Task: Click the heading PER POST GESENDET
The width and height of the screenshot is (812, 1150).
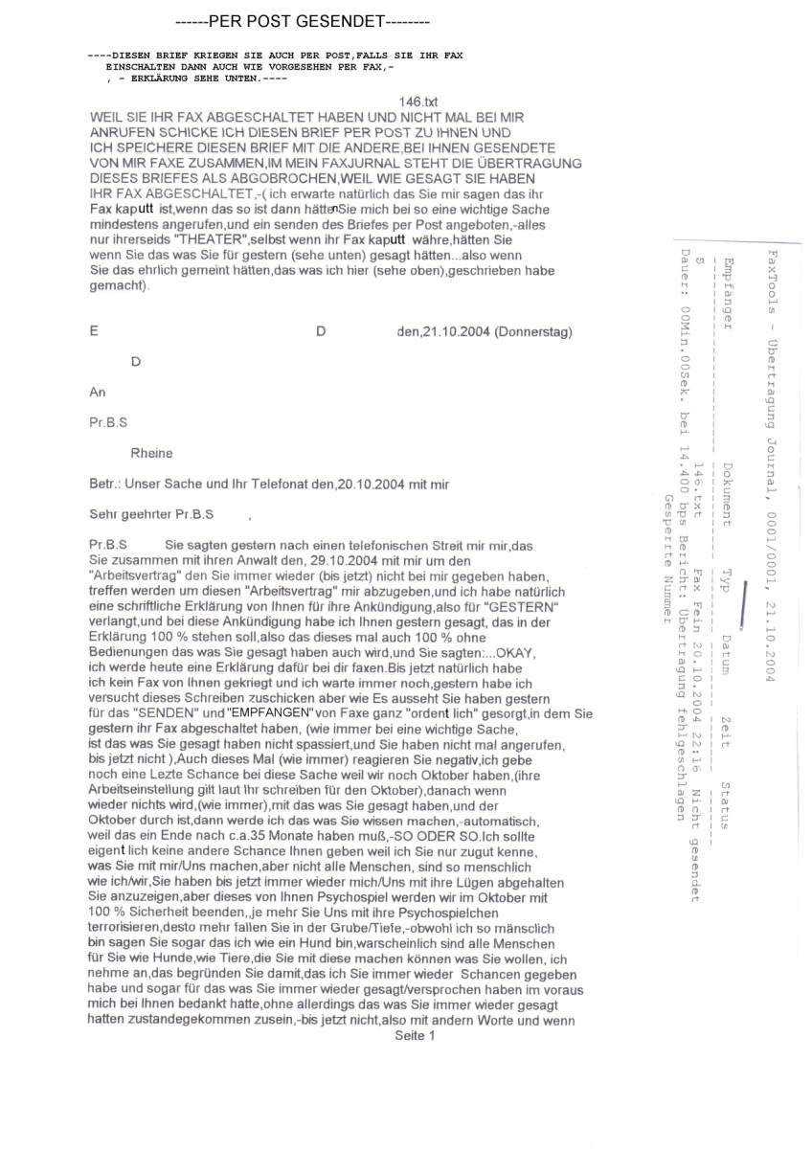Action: [x=303, y=22]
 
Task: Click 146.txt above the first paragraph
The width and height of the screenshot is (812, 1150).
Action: [x=418, y=101]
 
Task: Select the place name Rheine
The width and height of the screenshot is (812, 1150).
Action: [x=152, y=453]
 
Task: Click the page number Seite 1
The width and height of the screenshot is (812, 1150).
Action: [x=415, y=1035]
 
